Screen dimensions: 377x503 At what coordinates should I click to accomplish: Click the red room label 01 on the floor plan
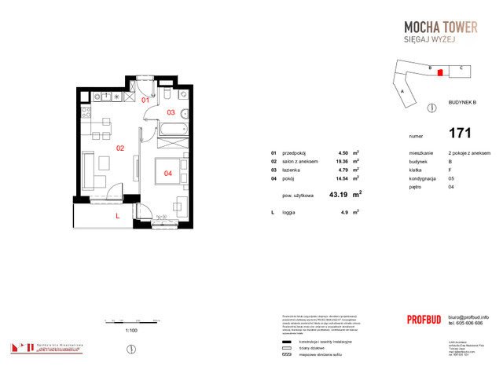145,101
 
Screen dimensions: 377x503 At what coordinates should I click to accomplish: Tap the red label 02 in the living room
121,148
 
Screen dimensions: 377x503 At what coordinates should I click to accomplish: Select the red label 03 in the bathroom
171,112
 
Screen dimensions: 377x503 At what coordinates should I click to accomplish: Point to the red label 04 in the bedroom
167,173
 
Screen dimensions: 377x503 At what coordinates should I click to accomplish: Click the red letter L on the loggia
117,215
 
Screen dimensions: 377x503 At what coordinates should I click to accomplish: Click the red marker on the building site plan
440,73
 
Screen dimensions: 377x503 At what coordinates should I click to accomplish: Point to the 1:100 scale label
131,331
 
